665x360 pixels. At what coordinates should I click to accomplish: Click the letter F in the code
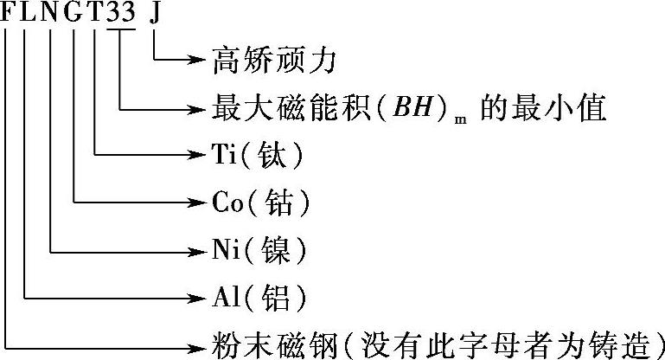[x=8, y=15]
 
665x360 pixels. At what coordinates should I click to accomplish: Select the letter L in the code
[x=29, y=15]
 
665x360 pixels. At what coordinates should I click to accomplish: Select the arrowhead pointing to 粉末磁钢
[x=197, y=345]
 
